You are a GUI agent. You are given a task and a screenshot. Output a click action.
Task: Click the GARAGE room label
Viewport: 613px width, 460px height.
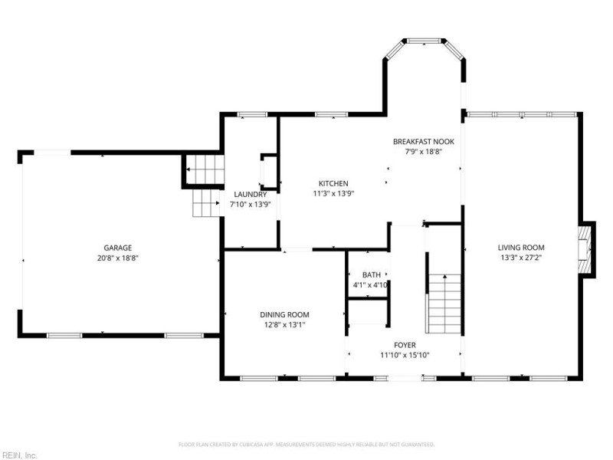tap(118, 248)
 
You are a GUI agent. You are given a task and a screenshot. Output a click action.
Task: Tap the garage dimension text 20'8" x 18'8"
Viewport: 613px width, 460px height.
tap(118, 258)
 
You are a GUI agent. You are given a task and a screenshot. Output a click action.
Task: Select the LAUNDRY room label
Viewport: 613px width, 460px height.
tap(250, 195)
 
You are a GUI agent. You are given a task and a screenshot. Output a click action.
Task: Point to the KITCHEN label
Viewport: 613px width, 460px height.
tap(333, 183)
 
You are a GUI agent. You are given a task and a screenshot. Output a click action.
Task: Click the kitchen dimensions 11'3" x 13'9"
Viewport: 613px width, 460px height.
tap(333, 194)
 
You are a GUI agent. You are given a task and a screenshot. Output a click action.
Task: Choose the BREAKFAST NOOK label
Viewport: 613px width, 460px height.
tap(423, 142)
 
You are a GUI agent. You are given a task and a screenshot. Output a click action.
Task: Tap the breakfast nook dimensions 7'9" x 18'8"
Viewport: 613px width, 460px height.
tap(423, 152)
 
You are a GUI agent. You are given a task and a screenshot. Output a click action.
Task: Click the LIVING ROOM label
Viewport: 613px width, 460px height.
tap(521, 248)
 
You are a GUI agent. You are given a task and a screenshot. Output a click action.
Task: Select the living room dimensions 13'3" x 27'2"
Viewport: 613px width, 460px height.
tap(521, 258)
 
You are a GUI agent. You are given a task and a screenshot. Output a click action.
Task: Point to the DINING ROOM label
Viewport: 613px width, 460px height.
tap(284, 314)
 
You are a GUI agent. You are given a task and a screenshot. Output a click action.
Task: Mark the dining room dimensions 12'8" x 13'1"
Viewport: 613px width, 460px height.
tap(284, 325)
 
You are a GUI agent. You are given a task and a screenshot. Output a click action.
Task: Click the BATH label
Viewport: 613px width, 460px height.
tap(372, 274)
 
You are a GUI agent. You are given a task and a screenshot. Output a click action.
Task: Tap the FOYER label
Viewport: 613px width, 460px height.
tap(405, 344)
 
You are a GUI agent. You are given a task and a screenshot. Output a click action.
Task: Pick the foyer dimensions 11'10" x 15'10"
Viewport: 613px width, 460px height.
tap(405, 355)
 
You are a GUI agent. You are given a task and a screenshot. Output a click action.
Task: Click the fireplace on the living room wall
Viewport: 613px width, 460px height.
tap(586, 248)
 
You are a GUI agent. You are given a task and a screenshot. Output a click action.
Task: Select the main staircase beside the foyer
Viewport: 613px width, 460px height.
tap(443, 303)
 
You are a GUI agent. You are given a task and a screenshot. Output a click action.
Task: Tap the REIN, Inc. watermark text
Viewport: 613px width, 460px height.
tap(19, 455)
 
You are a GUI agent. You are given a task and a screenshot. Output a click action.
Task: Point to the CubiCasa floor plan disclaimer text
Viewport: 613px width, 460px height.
tap(306, 444)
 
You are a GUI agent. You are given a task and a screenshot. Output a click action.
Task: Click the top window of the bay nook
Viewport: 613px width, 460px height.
tap(425, 40)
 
